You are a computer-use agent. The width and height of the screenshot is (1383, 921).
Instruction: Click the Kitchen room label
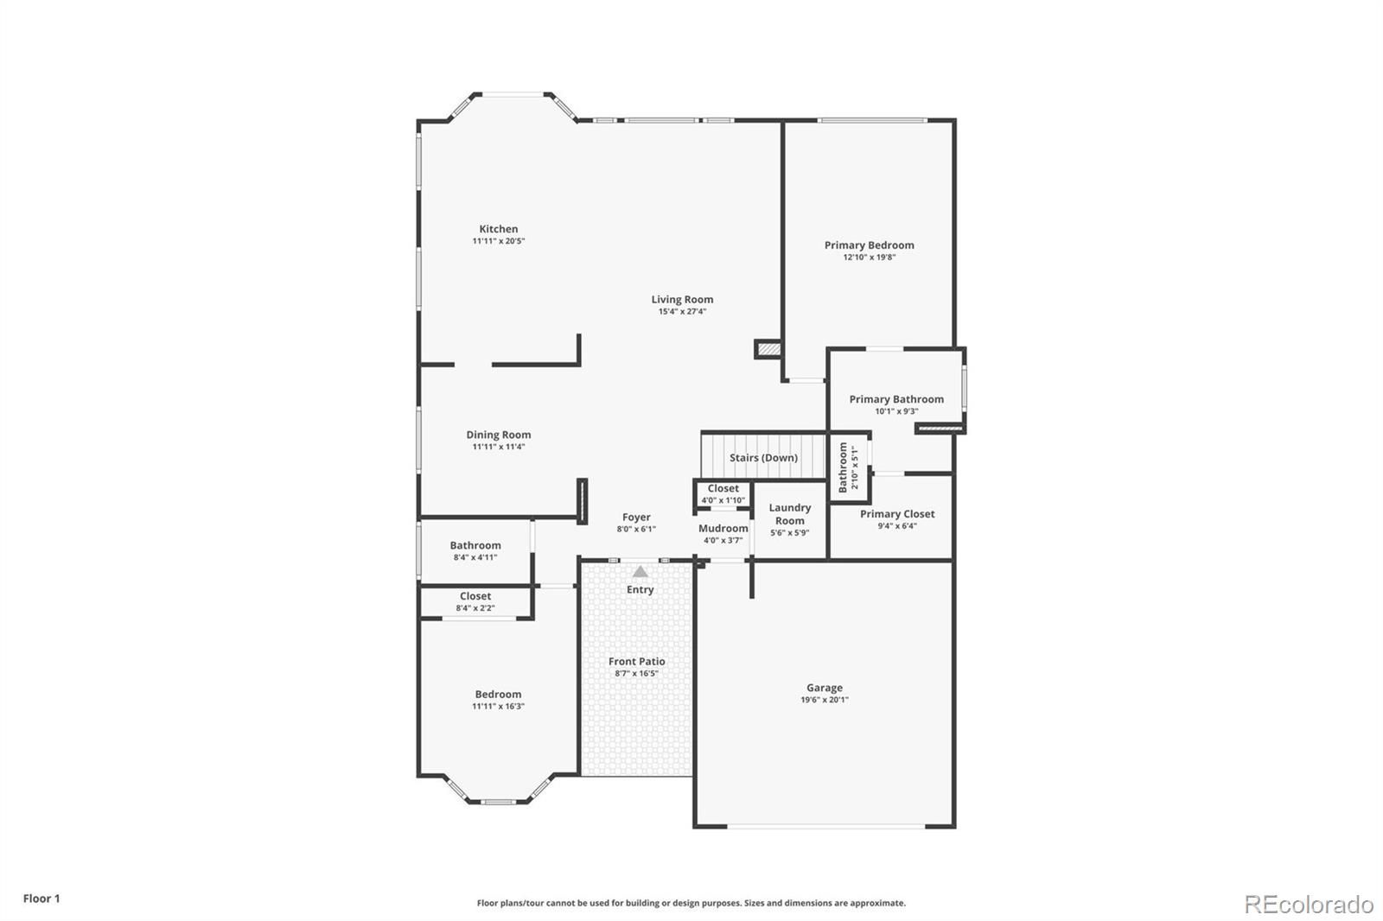[x=498, y=229]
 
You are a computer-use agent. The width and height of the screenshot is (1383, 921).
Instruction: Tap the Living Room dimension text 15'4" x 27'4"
[x=682, y=312]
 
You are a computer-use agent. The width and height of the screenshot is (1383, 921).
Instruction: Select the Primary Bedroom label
[x=870, y=245]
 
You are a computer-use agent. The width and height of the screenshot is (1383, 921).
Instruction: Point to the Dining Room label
[x=498, y=435]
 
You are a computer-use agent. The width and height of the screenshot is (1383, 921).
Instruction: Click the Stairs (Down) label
[x=764, y=457]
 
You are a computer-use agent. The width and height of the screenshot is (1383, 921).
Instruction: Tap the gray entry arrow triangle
[x=641, y=572]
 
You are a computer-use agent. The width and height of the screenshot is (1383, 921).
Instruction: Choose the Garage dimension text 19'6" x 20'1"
[x=825, y=700]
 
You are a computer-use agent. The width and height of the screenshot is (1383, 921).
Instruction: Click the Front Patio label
[x=636, y=661]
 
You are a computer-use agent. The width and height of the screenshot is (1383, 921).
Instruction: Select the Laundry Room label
[x=790, y=513]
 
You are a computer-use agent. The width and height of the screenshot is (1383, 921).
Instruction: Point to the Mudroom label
[x=723, y=529]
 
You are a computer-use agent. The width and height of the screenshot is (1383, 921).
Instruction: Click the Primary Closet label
[x=897, y=514]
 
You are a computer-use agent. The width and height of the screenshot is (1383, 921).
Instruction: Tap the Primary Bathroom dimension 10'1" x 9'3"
[x=896, y=411]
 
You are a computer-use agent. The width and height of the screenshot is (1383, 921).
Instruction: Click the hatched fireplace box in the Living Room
[x=769, y=349]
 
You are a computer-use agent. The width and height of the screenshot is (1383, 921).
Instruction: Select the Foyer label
[x=636, y=518]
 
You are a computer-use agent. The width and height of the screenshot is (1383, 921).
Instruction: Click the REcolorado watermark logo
[x=1309, y=905]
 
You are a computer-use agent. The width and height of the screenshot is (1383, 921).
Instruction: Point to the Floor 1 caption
[x=41, y=899]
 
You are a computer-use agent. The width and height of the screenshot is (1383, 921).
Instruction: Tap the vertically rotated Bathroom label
[x=843, y=467]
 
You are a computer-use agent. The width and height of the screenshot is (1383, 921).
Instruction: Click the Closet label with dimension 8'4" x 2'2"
[x=475, y=596]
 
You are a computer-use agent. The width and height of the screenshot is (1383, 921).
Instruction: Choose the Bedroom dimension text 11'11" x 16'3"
[x=498, y=706]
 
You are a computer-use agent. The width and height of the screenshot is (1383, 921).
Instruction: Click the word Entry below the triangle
[x=641, y=589]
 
